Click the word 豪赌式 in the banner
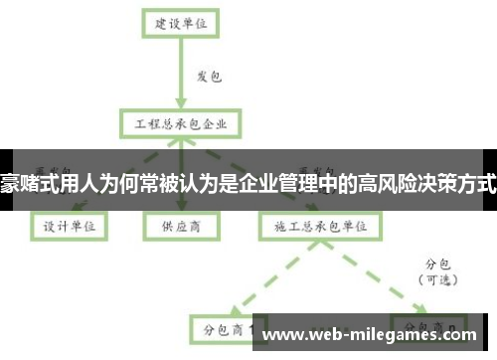tap(24, 183)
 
